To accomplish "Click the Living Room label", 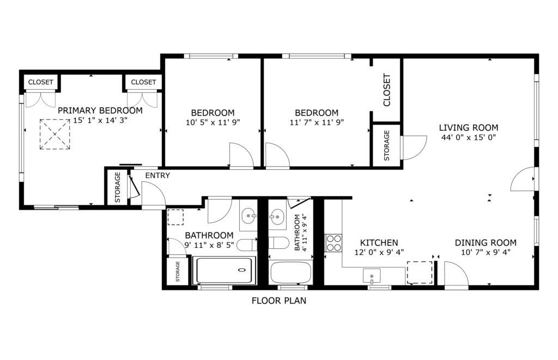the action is tap(468, 127).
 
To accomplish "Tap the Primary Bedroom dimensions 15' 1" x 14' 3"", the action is tap(100, 120).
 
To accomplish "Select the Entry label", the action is tap(157, 175).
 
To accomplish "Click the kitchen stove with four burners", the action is tap(333, 243).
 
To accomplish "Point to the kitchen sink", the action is tap(372, 276).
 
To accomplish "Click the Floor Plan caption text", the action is tap(279, 301).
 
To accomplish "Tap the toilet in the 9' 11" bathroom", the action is tap(247, 245).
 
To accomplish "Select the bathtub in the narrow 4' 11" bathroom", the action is tap(291, 272).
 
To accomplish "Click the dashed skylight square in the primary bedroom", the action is tap(55, 134).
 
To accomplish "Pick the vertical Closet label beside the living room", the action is tap(387, 90).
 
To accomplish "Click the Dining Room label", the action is tap(486, 242).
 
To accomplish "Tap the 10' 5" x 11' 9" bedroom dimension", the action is tap(213, 123).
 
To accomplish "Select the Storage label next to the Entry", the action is tap(118, 187).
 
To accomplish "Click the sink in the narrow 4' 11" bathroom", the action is tap(277, 216).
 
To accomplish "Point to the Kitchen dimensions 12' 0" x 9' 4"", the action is tap(379, 252).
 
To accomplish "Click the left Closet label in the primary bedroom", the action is tap(40, 82).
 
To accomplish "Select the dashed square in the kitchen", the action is tap(420, 272).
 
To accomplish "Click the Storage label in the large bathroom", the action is tap(178, 271).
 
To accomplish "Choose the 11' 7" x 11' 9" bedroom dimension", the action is tap(317, 123).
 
